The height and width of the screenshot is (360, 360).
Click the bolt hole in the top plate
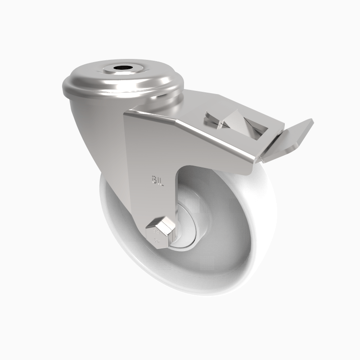pyautogui.click(x=120, y=69)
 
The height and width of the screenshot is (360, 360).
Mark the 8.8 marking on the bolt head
pyautogui.click(x=157, y=234)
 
